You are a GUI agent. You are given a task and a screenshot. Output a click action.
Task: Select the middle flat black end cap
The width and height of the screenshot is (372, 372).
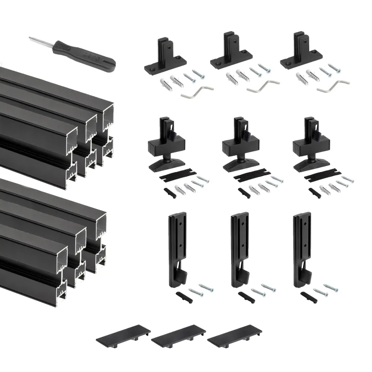[179, 334]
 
